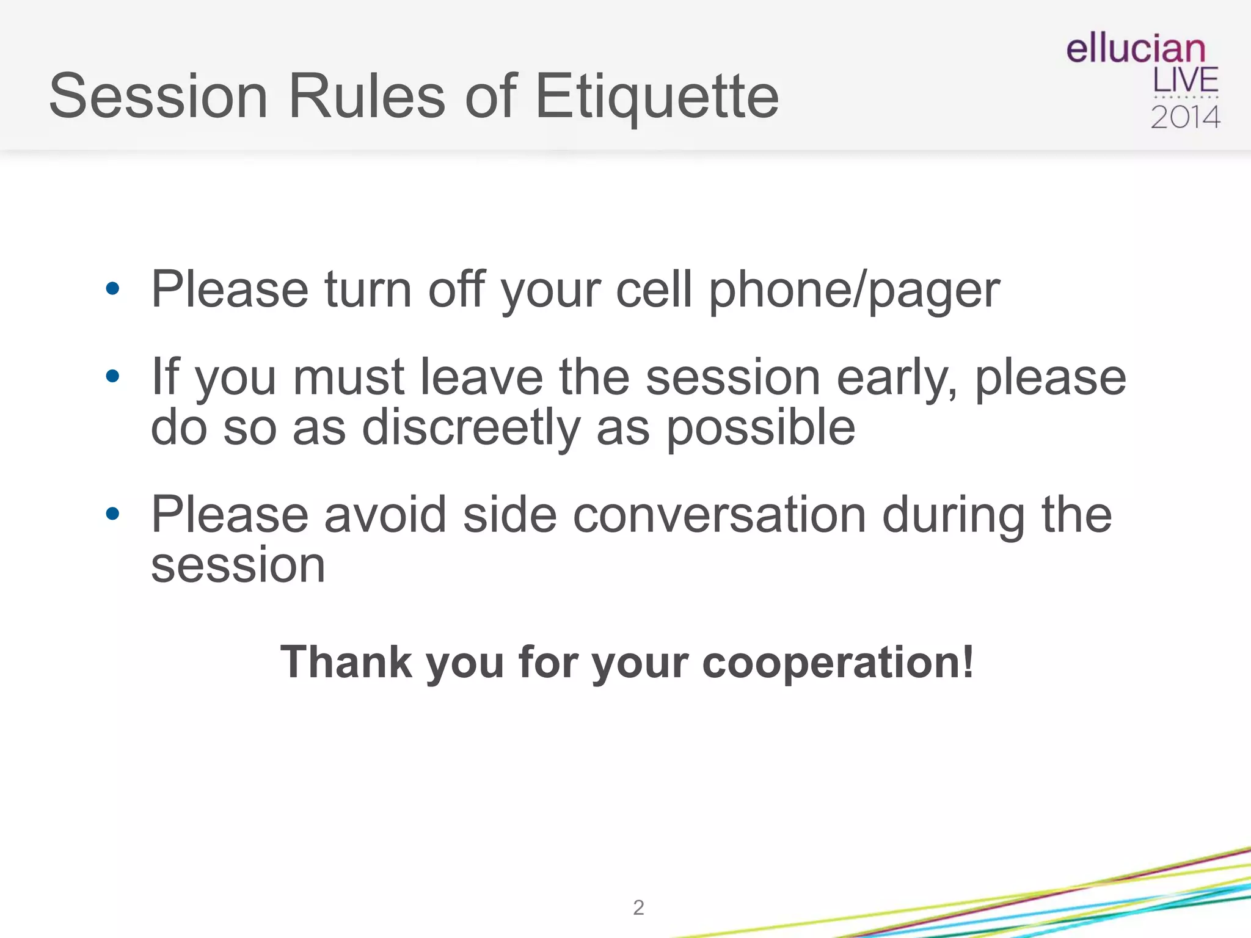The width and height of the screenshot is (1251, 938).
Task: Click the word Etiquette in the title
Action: coord(657,96)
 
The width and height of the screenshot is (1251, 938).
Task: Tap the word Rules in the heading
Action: coord(367,96)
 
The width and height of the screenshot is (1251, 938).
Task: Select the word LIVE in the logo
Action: coord(1185,81)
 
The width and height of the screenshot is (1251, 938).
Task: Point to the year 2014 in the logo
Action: coord(1185,117)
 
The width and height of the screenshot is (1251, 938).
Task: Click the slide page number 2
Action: coord(638,907)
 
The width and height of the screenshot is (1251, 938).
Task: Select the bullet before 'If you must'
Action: coord(112,376)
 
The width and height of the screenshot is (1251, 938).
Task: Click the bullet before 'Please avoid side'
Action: coord(112,514)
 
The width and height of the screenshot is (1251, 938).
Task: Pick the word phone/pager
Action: coord(853,290)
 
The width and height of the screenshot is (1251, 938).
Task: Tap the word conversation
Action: coord(720,515)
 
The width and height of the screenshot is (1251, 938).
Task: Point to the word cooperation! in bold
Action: coord(837,663)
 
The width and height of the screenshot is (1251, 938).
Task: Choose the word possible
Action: coord(760,429)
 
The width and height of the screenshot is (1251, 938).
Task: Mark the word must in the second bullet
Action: coord(349,377)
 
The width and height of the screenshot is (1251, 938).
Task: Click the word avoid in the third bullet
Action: coord(385,515)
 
